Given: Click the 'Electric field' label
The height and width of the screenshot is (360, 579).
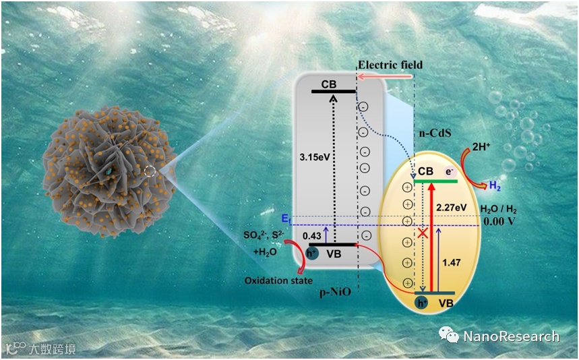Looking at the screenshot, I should [390, 65].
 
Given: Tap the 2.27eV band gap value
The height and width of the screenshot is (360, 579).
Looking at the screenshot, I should [451, 208].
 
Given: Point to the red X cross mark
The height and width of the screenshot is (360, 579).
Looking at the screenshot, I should [423, 233].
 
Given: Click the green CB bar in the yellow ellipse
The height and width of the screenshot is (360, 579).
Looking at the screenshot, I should [435, 181].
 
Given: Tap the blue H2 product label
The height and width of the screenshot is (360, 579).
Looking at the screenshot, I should [495, 184].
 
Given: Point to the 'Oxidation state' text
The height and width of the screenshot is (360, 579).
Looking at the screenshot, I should [273, 280].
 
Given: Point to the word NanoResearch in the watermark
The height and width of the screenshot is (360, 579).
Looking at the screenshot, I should [510, 336].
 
